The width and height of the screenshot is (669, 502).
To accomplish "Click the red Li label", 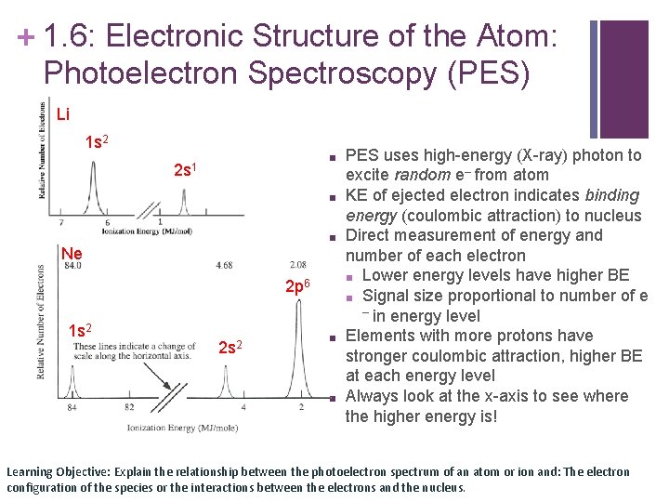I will pyautogui.click(x=62, y=114).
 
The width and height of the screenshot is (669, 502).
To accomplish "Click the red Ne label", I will pyautogui.click(x=72, y=254).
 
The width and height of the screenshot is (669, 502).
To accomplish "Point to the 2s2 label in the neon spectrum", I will pyautogui.click(x=230, y=348).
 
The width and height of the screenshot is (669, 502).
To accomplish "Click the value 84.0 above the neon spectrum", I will pyautogui.click(x=72, y=265).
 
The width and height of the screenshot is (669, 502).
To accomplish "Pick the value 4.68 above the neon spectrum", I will pyautogui.click(x=223, y=265).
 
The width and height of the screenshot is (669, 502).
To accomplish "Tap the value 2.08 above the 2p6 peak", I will pyautogui.click(x=297, y=265).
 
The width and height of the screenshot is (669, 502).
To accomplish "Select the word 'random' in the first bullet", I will pyautogui.click(x=418, y=175).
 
